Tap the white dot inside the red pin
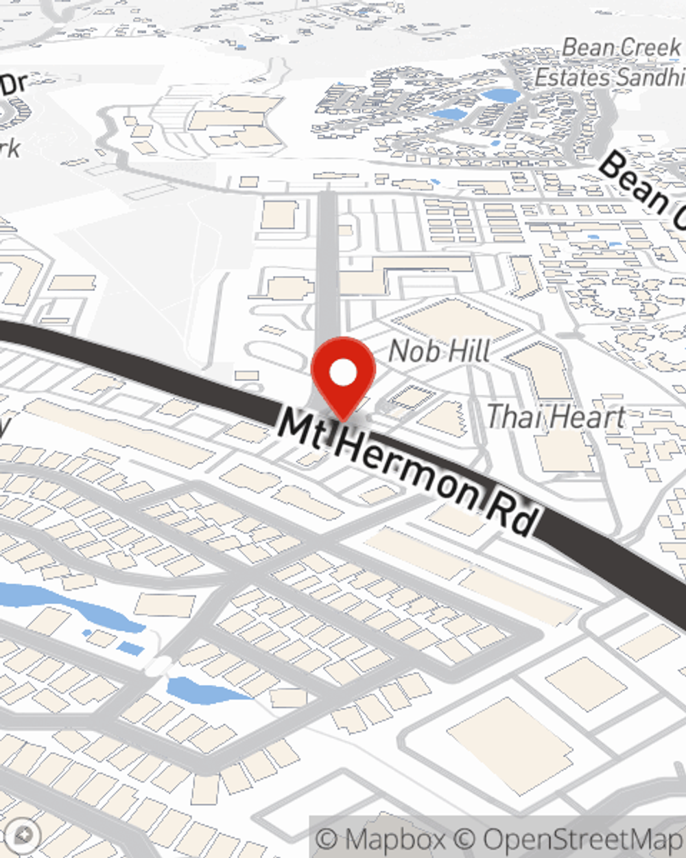click(343, 374)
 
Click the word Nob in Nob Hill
click(410, 351)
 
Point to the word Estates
click(570, 78)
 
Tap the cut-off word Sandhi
click(648, 78)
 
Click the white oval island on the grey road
click(159, 665)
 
